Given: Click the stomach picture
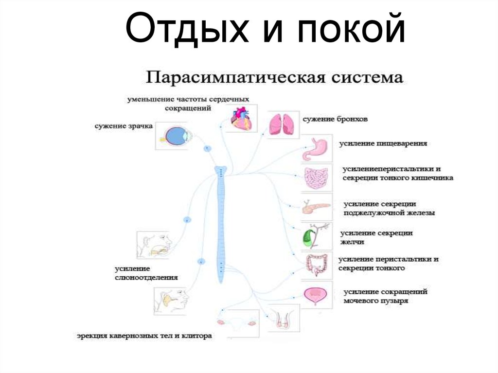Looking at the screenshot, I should [x=317, y=149].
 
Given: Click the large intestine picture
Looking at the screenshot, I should [x=317, y=266].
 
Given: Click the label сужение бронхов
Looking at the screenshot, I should [x=335, y=119].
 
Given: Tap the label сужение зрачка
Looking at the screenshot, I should [x=124, y=126].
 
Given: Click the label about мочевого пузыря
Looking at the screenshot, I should [x=385, y=296].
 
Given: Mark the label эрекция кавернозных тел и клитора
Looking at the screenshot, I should [x=144, y=336].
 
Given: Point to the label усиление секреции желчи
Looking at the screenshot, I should [x=376, y=237].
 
